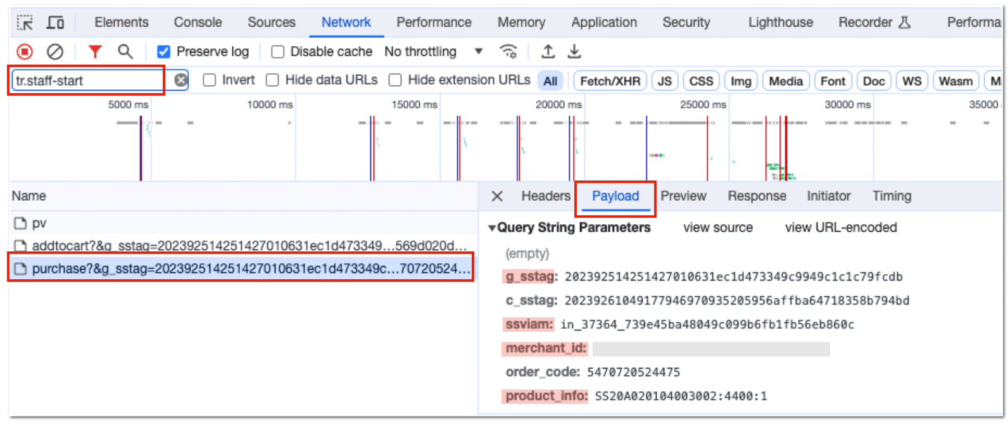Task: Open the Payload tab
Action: [x=615, y=196]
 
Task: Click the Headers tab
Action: [x=545, y=196]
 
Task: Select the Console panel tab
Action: [x=198, y=22]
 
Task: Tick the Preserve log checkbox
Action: [x=163, y=52]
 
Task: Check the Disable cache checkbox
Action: [x=278, y=52]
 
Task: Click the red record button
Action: [x=25, y=52]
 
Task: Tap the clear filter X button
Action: [x=181, y=80]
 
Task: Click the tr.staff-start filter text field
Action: [x=88, y=80]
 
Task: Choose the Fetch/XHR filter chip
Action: [x=610, y=81]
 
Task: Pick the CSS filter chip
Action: [x=701, y=81]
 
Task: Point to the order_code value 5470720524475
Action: [x=634, y=372]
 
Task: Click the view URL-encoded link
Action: [x=841, y=228]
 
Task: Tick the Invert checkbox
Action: [x=209, y=80]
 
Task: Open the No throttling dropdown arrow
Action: [x=479, y=52]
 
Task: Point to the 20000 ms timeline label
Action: [x=558, y=105]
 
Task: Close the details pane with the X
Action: [x=497, y=196]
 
